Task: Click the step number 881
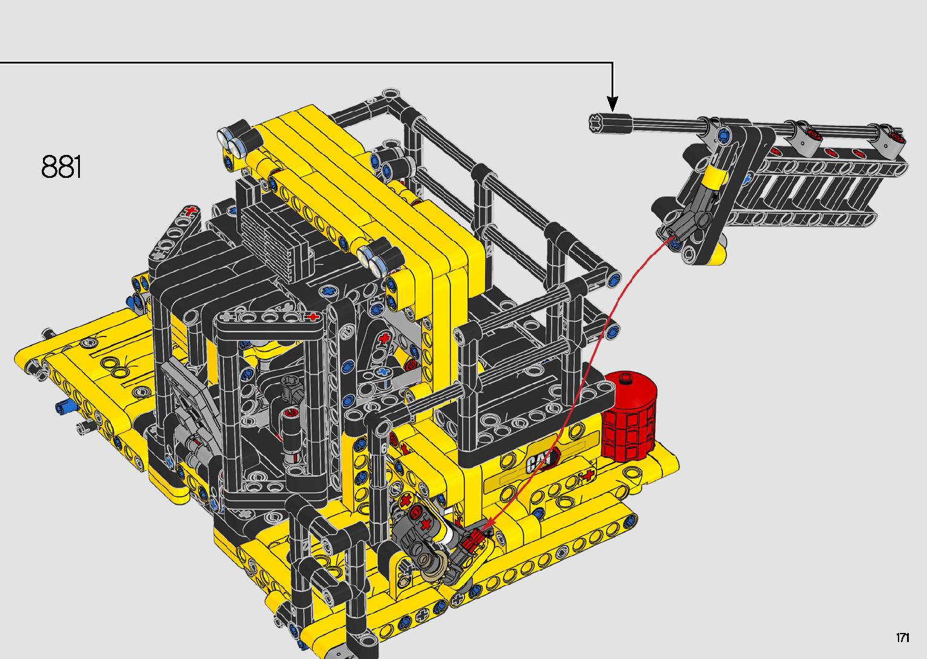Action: click(x=61, y=166)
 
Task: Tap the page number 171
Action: click(x=903, y=637)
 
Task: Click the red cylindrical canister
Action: click(x=628, y=415)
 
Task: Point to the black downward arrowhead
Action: click(x=613, y=104)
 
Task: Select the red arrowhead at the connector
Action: click(x=488, y=523)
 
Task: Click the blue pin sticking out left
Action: click(x=66, y=407)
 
